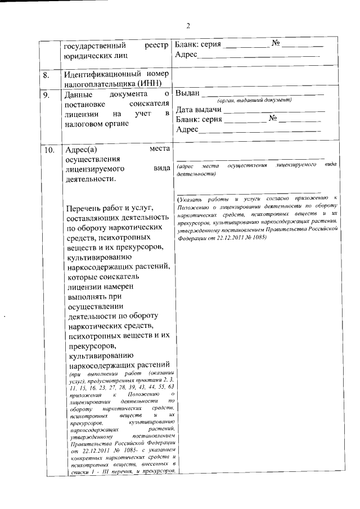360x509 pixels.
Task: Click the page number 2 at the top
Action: (189, 25)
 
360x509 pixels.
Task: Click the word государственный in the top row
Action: (92, 45)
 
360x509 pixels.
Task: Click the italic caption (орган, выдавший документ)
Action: (254, 100)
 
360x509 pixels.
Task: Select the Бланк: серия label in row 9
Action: (198, 119)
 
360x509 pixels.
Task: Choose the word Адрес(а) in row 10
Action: (82, 149)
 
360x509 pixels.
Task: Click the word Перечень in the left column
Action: (83, 209)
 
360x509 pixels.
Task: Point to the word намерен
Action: (134, 286)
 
